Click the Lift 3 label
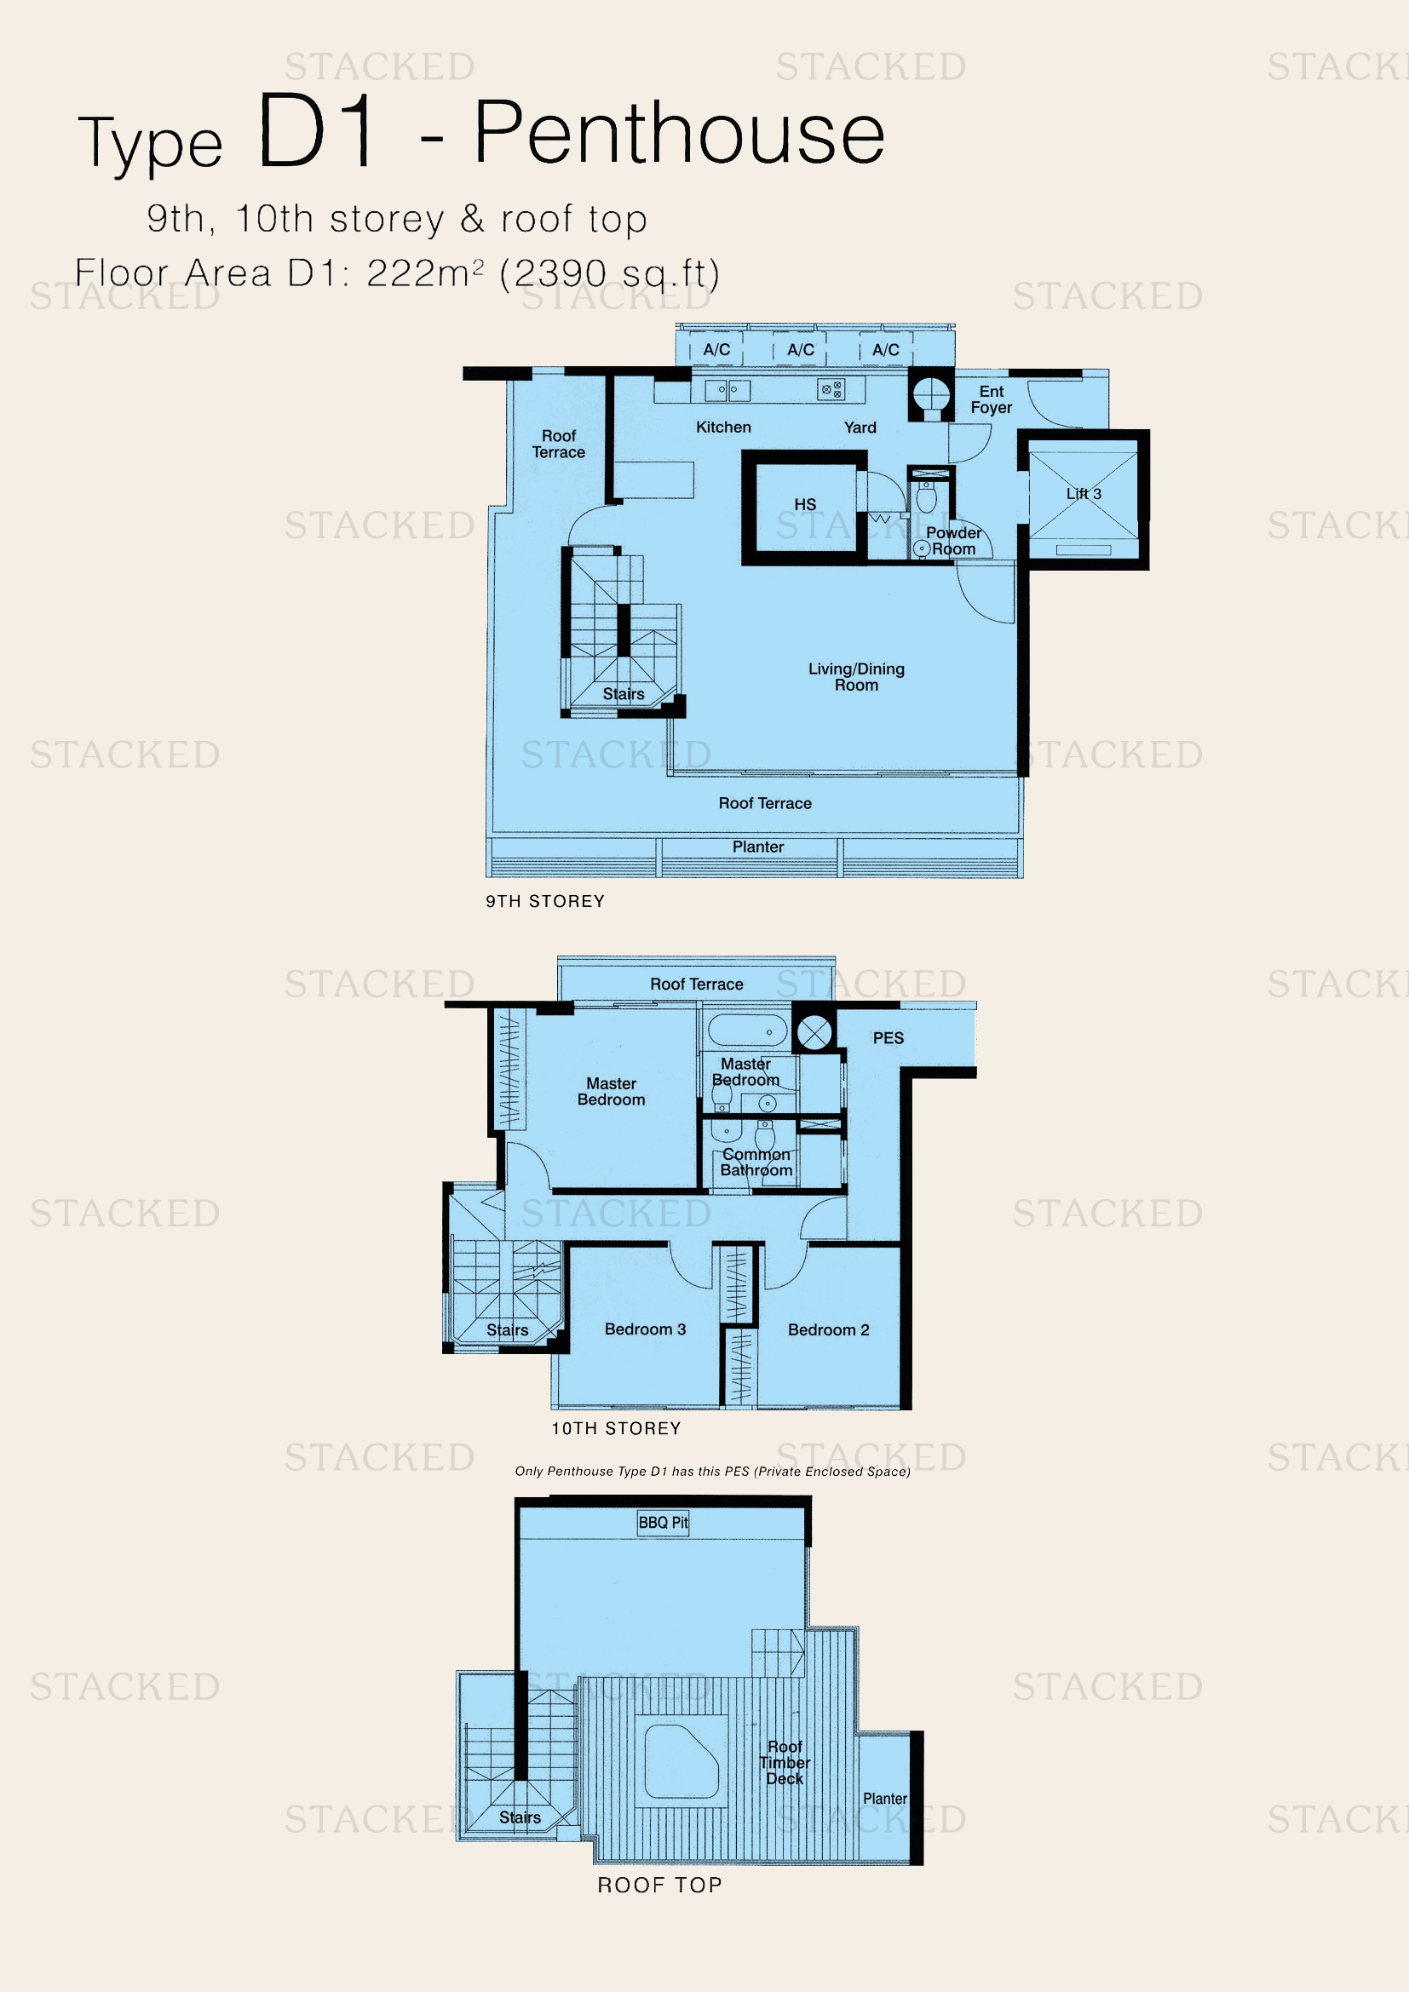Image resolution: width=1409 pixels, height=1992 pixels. (x=1084, y=494)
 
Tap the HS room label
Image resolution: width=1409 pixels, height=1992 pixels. (x=805, y=505)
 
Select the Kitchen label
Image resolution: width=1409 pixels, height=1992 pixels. (x=723, y=427)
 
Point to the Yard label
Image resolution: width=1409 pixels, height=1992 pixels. (x=860, y=428)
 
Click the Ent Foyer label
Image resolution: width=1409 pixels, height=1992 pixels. (x=991, y=400)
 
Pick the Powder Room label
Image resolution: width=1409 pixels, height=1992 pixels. (x=953, y=541)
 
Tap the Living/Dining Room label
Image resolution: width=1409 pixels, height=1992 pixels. (x=856, y=677)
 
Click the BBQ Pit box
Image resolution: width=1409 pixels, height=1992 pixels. (x=664, y=1523)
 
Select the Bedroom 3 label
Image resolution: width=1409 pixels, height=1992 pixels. (x=645, y=1329)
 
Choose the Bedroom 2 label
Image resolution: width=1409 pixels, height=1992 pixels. (x=828, y=1330)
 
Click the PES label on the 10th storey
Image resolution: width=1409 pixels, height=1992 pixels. (x=888, y=1037)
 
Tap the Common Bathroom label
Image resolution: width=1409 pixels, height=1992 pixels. (x=756, y=1162)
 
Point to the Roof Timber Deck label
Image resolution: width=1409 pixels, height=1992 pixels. (x=785, y=1762)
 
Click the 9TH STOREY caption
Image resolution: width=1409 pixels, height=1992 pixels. (x=545, y=901)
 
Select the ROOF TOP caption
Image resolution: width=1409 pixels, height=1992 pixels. (x=659, y=1886)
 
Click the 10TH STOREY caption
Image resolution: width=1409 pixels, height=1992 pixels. (x=616, y=1429)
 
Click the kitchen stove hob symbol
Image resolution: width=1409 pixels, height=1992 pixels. (x=831, y=390)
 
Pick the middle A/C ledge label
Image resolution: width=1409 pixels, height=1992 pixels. (x=800, y=350)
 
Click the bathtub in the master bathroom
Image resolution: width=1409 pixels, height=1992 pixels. (x=747, y=1031)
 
